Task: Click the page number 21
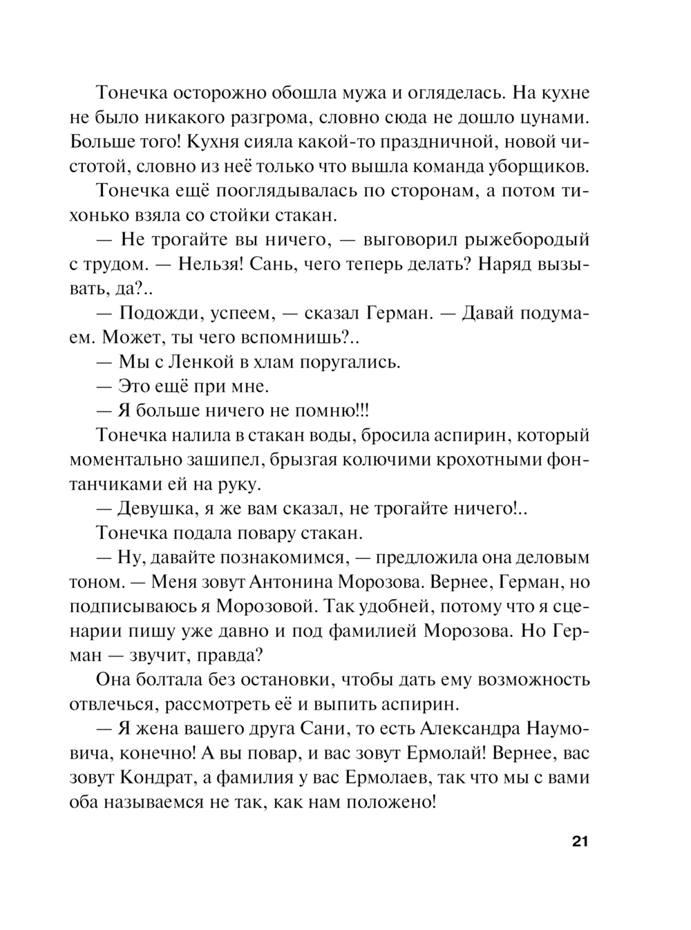pos(579,842)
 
